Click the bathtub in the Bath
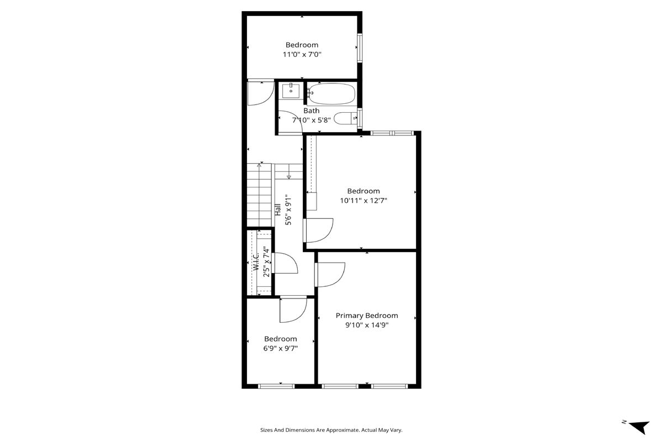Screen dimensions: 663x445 [x=331, y=93]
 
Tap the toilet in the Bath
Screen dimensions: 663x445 [x=346, y=118]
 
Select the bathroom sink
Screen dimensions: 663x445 [x=291, y=91]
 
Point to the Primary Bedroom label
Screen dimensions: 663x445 [x=367, y=316]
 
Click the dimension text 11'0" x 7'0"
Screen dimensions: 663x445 [x=302, y=55]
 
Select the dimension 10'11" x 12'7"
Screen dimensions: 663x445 [x=364, y=201]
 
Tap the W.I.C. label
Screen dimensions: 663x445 [x=256, y=261]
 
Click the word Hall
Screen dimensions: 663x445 [x=277, y=210]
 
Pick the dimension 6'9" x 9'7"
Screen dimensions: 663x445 [x=281, y=348]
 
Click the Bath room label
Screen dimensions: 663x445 [x=312, y=111]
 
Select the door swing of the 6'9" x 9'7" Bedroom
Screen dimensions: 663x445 [x=300, y=317]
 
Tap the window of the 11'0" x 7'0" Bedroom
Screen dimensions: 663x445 [x=360, y=48]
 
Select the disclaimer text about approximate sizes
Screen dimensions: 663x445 [x=331, y=430]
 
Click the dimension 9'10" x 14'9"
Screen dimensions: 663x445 [x=367, y=325]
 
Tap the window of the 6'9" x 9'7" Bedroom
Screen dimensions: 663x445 [x=276, y=386]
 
